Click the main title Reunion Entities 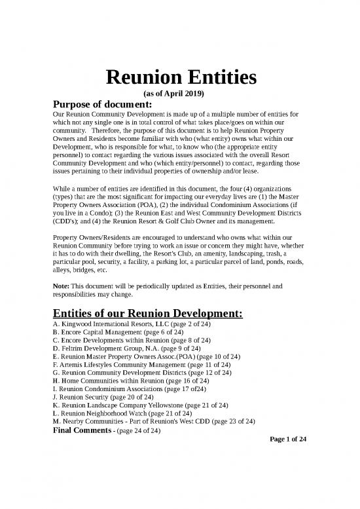[180, 80]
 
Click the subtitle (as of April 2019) [180, 94]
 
